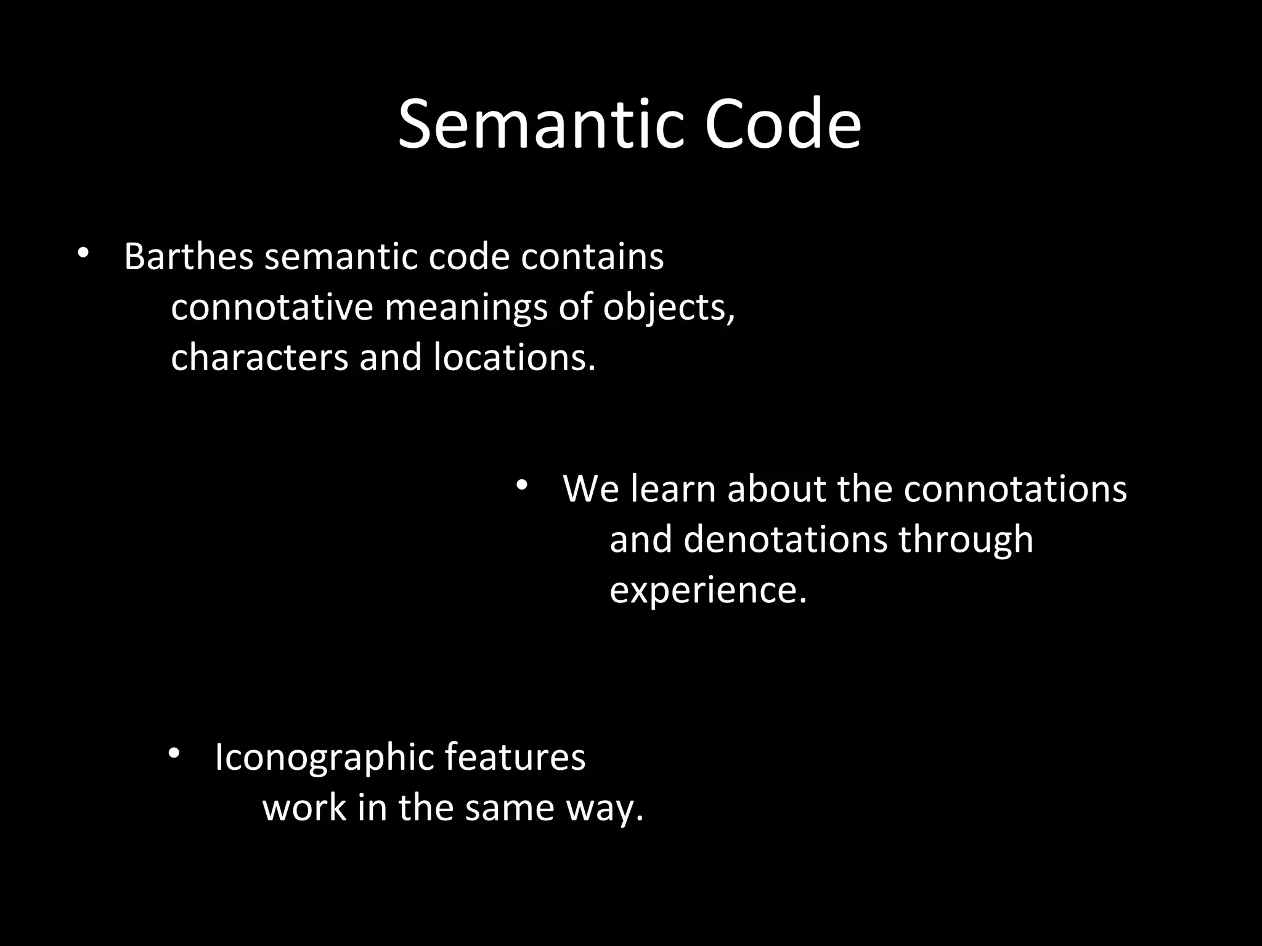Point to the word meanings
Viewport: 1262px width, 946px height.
pyautogui.click(x=466, y=308)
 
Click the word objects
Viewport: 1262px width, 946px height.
pyautogui.click(x=669, y=308)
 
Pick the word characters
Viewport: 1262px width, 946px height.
pyautogui.click(x=259, y=357)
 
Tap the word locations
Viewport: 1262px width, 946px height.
pyautogui.click(x=515, y=357)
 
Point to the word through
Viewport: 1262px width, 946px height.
pyautogui.click(x=966, y=540)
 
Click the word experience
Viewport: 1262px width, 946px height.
pyautogui.click(x=708, y=591)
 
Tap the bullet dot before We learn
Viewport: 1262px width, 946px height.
pyautogui.click(x=522, y=485)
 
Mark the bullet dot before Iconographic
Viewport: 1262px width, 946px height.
pyautogui.click(x=174, y=754)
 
